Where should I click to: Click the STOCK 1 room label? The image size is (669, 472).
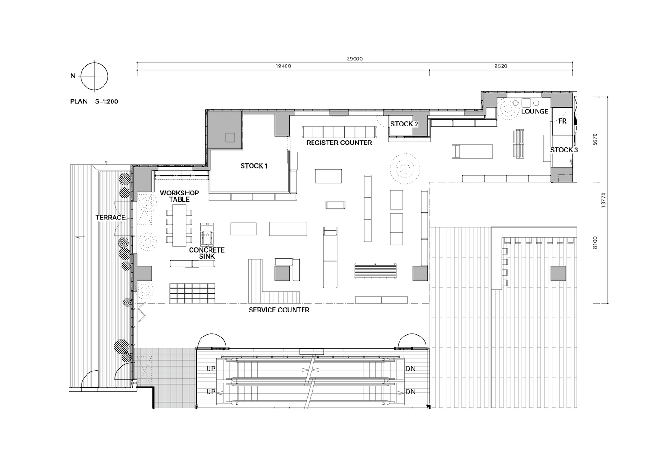pyautogui.click(x=254, y=166)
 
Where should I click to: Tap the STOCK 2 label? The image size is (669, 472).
pyautogui.click(x=404, y=124)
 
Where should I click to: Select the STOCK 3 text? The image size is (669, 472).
pyautogui.click(x=564, y=150)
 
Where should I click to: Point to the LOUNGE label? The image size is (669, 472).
pyautogui.click(x=535, y=111)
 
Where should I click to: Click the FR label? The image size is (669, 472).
pyautogui.click(x=562, y=121)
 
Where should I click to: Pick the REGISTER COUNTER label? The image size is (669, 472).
pyautogui.click(x=339, y=143)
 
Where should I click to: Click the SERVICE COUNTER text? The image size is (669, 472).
pyautogui.click(x=279, y=310)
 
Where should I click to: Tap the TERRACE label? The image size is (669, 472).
pyautogui.click(x=110, y=218)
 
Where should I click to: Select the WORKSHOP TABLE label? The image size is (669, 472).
pyautogui.click(x=179, y=196)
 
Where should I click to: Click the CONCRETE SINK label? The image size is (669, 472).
pyautogui.click(x=207, y=253)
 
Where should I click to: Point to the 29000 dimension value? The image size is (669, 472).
pyautogui.click(x=355, y=59)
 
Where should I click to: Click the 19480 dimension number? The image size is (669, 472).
pyautogui.click(x=283, y=66)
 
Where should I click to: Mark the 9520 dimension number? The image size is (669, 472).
pyautogui.click(x=501, y=66)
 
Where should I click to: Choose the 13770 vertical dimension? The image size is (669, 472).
pyautogui.click(x=604, y=200)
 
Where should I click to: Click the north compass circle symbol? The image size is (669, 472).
pyautogui.click(x=95, y=76)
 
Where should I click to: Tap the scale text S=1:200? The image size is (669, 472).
pyautogui.click(x=106, y=101)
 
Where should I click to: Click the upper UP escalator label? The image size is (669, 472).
pyautogui.click(x=210, y=369)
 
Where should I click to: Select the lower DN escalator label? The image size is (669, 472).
pyautogui.click(x=411, y=392)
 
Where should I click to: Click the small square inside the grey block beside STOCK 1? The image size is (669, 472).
pyautogui.click(x=230, y=137)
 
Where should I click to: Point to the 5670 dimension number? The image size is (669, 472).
pyautogui.click(x=595, y=139)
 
